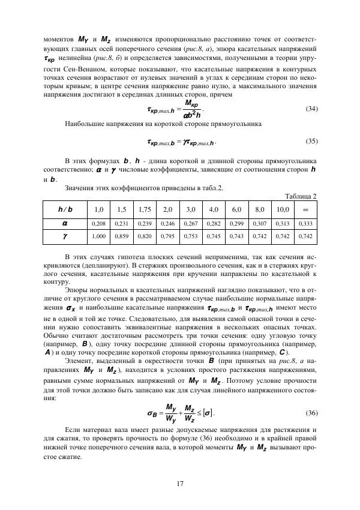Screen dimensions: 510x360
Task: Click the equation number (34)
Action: pos(311,109)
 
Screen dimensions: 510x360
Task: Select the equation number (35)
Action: pos(311,142)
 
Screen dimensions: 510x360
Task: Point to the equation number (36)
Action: pos(311,413)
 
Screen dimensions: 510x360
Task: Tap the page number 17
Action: pos(180,484)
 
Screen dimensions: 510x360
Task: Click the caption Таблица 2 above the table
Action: pos(301,197)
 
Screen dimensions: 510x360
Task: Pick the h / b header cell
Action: pos(64,209)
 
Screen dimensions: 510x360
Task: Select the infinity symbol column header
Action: pos(305,209)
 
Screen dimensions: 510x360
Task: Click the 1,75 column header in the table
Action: pos(144,209)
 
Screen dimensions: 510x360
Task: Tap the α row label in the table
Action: pos(64,223)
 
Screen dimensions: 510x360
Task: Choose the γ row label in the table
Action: pos(64,237)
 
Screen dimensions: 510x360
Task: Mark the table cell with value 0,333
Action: pos(305,223)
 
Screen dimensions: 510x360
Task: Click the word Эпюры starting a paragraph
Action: pos(76,288)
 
